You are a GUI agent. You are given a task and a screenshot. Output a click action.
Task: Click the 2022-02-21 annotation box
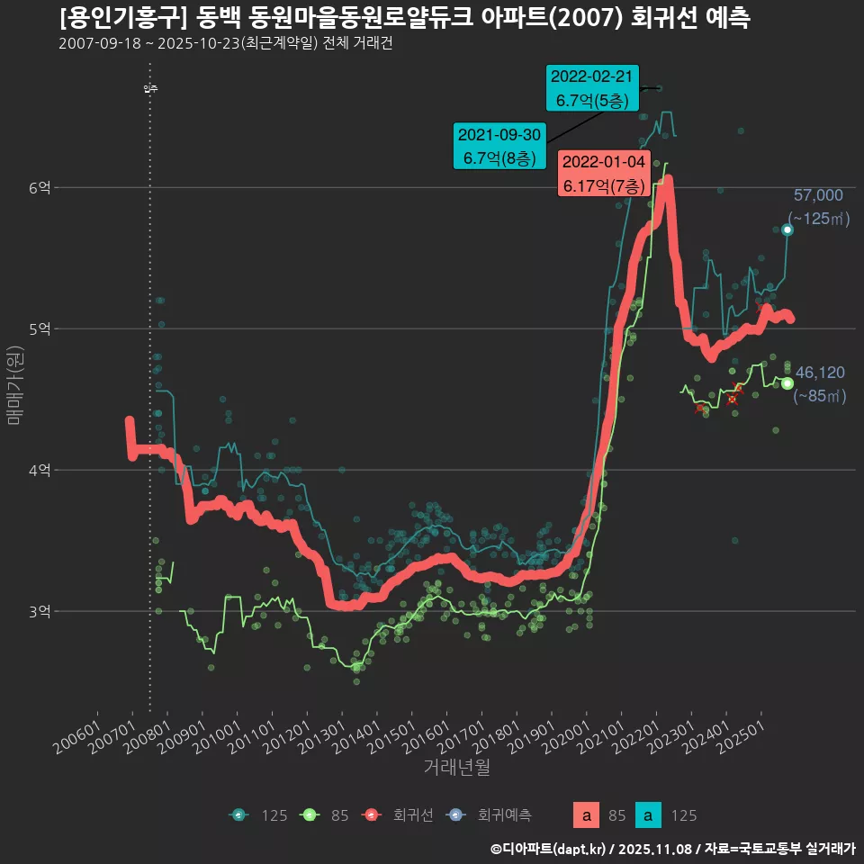pyautogui.click(x=592, y=88)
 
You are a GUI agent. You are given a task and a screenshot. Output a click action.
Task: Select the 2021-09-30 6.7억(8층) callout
pyautogui.click(x=499, y=146)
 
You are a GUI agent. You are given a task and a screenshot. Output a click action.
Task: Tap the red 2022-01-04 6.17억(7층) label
pyautogui.click(x=603, y=174)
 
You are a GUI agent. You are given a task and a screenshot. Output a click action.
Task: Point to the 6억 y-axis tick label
pyautogui.click(x=40, y=187)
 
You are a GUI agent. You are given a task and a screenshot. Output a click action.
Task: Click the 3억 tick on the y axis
pyautogui.click(x=40, y=611)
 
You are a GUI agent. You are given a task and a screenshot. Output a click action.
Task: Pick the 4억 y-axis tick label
pyautogui.click(x=40, y=470)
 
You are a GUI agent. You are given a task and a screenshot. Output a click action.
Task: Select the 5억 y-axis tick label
pyautogui.click(x=40, y=328)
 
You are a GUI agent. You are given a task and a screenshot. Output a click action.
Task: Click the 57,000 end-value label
pyautogui.click(x=817, y=195)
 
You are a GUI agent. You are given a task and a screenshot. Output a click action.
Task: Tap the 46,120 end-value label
pyautogui.click(x=819, y=372)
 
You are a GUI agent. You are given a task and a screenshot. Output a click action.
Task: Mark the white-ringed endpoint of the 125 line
pyautogui.click(x=787, y=230)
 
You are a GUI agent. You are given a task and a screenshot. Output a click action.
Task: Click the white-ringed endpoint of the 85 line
pyautogui.click(x=787, y=383)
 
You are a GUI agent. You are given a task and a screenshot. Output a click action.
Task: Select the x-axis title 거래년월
pyautogui.click(x=456, y=768)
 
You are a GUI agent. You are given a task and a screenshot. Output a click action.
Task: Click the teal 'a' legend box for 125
pyautogui.click(x=648, y=816)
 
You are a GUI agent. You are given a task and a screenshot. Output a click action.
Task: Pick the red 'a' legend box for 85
pyautogui.click(x=587, y=816)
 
